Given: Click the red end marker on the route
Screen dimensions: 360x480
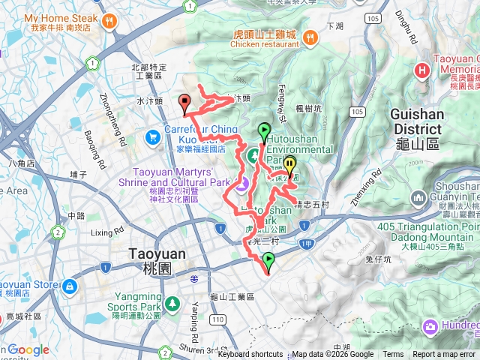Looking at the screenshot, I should [184, 102].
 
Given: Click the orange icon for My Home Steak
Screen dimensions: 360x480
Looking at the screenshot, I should [110, 20].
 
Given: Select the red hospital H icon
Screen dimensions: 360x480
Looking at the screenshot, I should [422, 71].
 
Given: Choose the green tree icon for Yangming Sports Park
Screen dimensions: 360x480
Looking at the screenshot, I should [173, 304].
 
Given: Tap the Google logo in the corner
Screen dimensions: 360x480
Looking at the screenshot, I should [28, 350].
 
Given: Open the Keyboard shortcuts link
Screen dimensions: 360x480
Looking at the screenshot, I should [250, 355].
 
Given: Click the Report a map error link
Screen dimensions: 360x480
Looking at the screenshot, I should [443, 355].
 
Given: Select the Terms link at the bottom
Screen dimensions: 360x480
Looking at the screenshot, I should [393, 355].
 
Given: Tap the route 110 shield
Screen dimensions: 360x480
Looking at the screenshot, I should [217, 320].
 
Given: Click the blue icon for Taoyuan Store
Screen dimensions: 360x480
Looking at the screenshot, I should [69, 286].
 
